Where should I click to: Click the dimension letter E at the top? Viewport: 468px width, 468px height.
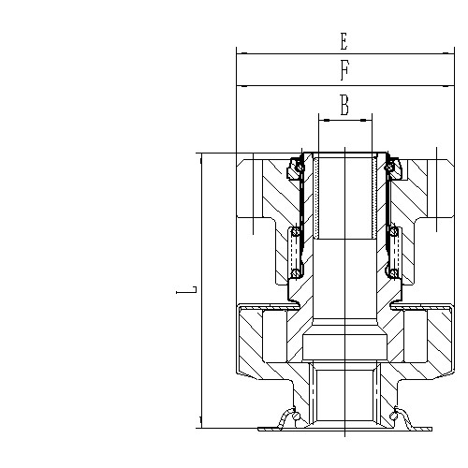click(344, 41)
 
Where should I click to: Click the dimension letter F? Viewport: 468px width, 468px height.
click(344, 71)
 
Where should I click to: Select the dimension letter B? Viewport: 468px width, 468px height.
click(344, 106)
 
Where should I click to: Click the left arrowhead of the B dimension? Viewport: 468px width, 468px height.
click(323, 120)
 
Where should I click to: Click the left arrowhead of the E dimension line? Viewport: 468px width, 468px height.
click(241, 54)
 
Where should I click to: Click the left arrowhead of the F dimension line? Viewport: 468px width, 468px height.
click(241, 85)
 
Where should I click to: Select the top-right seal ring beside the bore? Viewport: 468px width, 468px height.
click(392, 168)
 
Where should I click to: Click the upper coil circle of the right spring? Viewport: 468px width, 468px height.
click(394, 231)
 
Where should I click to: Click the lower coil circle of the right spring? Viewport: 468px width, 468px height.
click(394, 273)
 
